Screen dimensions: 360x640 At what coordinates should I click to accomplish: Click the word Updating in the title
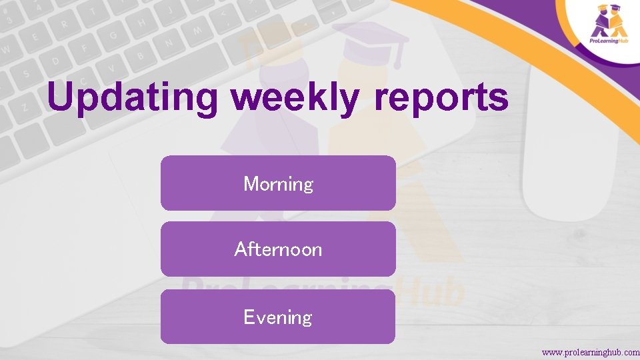click(x=132, y=98)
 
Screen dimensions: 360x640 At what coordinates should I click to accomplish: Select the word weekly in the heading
click(x=295, y=98)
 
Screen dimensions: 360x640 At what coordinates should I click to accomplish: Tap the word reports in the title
click(x=441, y=98)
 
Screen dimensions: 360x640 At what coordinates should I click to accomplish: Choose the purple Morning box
click(x=278, y=183)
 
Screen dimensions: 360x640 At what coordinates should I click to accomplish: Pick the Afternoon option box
click(x=278, y=249)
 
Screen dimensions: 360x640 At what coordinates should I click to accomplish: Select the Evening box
click(x=278, y=317)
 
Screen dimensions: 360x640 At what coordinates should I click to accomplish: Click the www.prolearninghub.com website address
click(x=590, y=351)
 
